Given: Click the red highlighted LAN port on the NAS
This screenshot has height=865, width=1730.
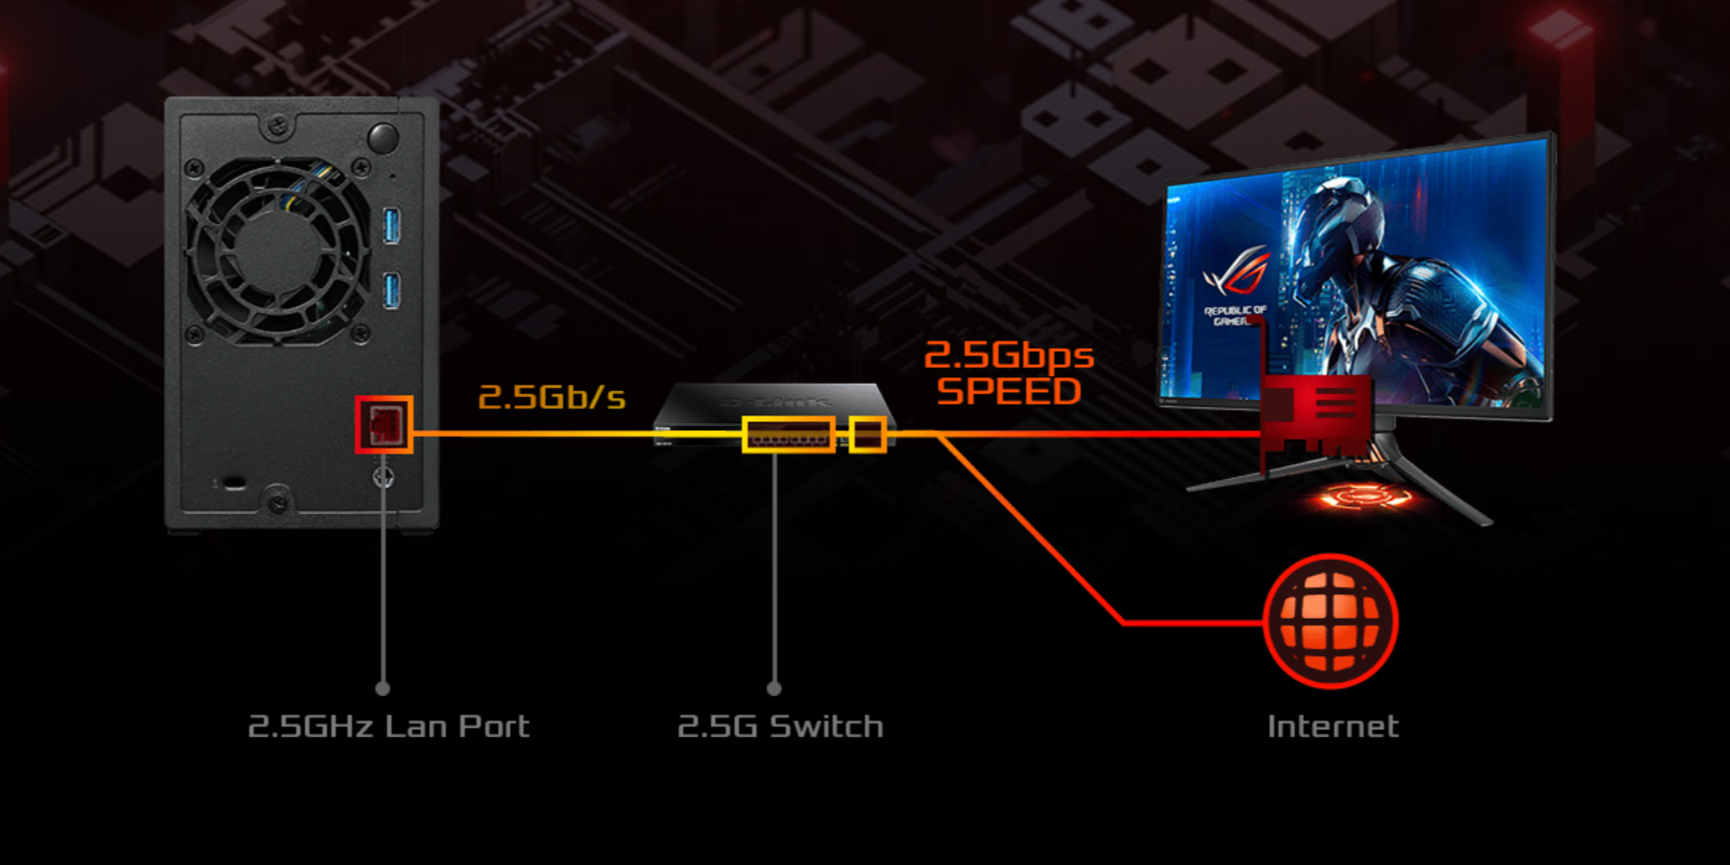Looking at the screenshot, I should pos(384,424).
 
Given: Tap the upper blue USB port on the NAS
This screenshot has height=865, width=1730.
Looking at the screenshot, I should pos(392,226).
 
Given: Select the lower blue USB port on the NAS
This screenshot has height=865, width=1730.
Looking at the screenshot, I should pos(392,289).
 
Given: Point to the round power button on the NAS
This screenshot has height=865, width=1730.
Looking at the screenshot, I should pos(382,138).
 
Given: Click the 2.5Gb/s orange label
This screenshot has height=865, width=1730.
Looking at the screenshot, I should pos(551,397).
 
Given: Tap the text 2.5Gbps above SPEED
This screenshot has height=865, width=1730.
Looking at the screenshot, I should pos(1009,355).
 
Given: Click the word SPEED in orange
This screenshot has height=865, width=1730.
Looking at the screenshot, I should pos(1009,392).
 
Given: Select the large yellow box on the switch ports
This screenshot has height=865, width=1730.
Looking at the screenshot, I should pos(789,435).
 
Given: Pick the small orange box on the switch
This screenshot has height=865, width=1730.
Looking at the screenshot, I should pos(868,435).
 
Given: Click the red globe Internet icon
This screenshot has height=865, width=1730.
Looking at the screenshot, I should pos(1331,622).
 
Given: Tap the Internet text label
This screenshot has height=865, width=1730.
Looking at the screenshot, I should pos(1332,726).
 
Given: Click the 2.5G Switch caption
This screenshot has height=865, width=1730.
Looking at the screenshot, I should pos(780,726).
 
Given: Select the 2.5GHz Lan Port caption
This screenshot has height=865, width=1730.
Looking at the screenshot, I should pos(388,726).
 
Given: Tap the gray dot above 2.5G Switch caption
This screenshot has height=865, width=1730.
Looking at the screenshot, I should pos(774,689).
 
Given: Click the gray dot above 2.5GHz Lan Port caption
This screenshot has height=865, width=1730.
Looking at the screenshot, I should pos(382,689).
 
